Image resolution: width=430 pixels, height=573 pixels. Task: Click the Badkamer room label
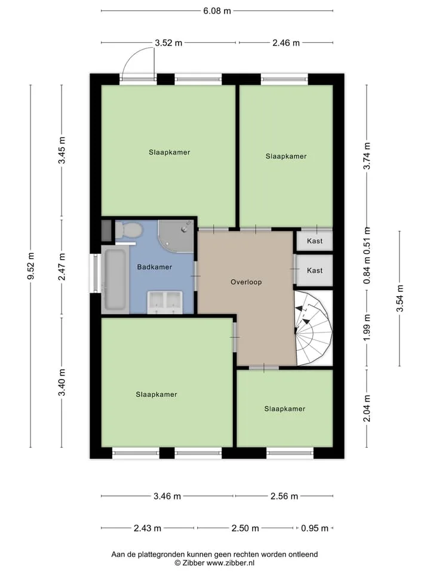click(154, 267)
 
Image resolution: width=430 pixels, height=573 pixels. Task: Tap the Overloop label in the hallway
click(246, 282)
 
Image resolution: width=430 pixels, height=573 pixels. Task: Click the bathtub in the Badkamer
click(115, 279)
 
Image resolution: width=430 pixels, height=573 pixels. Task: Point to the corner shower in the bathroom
click(176, 236)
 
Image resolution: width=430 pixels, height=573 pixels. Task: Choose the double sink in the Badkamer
click(165, 302)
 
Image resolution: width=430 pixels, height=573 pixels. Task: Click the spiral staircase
click(314, 328)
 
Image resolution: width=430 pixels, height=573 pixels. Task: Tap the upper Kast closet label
click(315, 241)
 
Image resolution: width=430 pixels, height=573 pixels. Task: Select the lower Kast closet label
click(315, 270)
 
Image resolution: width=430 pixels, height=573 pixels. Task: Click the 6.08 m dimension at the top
click(217, 11)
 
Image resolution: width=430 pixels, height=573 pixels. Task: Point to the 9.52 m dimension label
click(30, 266)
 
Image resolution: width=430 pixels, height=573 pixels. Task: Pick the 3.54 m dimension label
click(400, 298)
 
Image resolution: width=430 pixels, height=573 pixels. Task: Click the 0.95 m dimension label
click(315, 528)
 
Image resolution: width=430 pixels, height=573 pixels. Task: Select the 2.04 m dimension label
click(367, 408)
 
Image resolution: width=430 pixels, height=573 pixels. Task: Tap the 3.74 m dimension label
click(367, 156)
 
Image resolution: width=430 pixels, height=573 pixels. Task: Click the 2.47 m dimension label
click(62, 267)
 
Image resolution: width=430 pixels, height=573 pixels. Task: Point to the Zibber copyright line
click(214, 563)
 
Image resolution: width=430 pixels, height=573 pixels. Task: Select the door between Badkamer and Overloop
click(196, 276)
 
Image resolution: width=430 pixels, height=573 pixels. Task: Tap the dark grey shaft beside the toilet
click(106, 230)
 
